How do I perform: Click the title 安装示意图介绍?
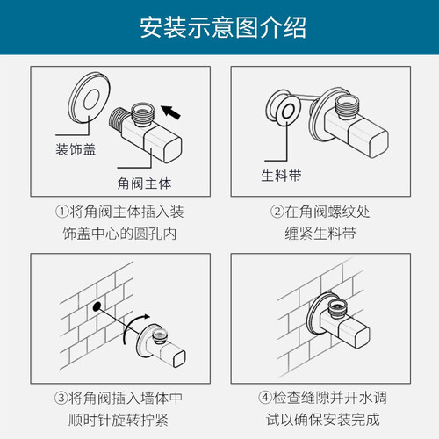tap(223, 27)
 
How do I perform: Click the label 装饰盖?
tap(76, 149)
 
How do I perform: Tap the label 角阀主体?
tap(144, 184)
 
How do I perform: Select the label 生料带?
tap(281, 176)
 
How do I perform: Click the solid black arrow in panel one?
tap(171, 112)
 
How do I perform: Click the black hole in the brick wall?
tap(97, 306)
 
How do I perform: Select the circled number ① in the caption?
tap(61, 212)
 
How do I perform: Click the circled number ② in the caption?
tap(277, 212)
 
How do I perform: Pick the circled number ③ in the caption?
tap(61, 398)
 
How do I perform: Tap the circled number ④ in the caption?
tap(265, 398)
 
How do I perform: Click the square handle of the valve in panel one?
tap(164, 145)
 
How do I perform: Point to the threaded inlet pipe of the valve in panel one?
tap(118, 121)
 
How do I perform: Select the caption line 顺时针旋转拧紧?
tap(119, 420)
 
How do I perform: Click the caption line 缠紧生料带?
tap(320, 234)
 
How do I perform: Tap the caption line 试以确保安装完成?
tap(323, 420)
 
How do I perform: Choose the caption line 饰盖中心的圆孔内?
tap(119, 234)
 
